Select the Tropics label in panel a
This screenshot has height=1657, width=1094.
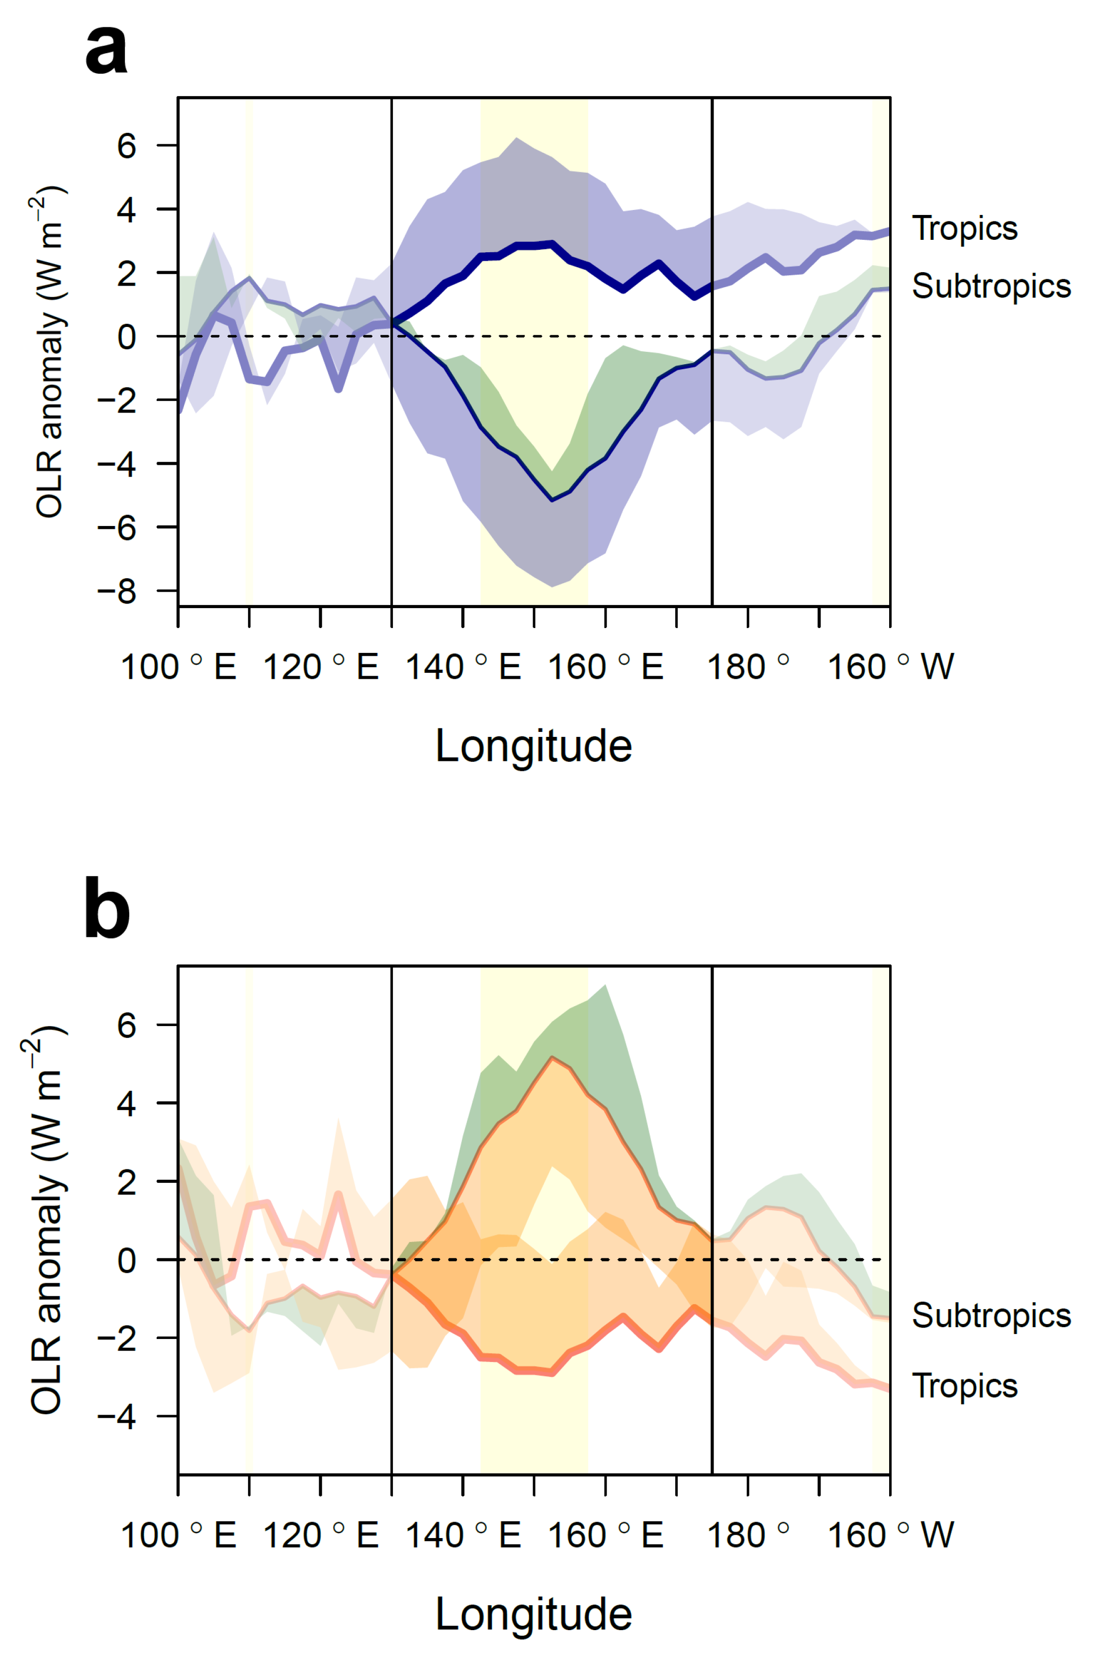pyautogui.click(x=964, y=229)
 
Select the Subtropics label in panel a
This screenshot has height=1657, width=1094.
pyautogui.click(x=991, y=286)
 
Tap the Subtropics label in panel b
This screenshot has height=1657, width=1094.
pyautogui.click(x=991, y=1315)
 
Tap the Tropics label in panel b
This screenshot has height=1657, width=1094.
pyautogui.click(x=964, y=1385)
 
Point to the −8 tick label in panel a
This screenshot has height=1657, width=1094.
pyautogui.click(x=116, y=591)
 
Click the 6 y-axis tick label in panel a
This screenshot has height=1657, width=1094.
pyautogui.click(x=126, y=146)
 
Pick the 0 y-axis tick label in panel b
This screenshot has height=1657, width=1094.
pyautogui.click(x=126, y=1260)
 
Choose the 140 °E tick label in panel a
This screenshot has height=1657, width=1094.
pyautogui.click(x=462, y=667)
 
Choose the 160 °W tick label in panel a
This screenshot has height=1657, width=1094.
pyautogui.click(x=890, y=667)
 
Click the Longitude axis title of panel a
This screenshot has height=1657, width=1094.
pyautogui.click(x=534, y=746)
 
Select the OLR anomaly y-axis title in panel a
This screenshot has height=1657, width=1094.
pyautogui.click(x=50, y=352)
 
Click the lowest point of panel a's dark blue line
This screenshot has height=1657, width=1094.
pyautogui.click(x=552, y=500)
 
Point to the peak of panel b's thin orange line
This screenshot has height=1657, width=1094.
pyautogui.click(x=552, y=1058)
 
